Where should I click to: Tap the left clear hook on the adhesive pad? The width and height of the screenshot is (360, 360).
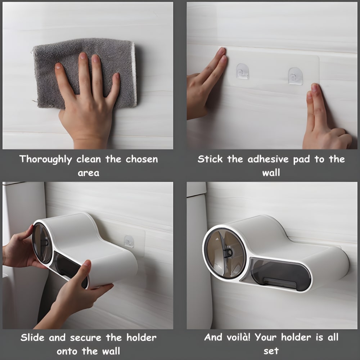(243, 71)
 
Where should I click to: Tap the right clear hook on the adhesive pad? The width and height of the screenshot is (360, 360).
(295, 76)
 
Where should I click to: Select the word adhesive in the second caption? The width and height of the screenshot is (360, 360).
(268, 159)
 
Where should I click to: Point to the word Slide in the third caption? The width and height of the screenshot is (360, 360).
(33, 338)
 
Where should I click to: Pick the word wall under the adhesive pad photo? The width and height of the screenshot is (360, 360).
(271, 173)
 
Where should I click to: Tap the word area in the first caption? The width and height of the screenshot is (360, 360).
(89, 173)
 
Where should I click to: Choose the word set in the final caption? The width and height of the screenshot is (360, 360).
(271, 351)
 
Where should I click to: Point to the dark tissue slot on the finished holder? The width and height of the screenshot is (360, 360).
(280, 274)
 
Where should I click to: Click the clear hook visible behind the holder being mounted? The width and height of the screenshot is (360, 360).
(129, 242)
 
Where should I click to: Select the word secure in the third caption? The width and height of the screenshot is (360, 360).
(86, 338)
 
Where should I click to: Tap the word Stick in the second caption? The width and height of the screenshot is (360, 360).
(210, 159)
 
